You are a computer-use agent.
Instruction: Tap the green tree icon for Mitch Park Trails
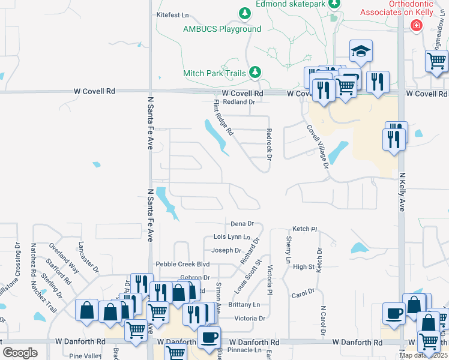tap(255, 72)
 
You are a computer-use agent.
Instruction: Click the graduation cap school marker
tap(361, 52)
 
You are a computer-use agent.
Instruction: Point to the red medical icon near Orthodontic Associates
tap(415, 25)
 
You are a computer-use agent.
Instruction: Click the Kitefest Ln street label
tap(172, 14)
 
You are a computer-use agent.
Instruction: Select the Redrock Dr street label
tap(270, 144)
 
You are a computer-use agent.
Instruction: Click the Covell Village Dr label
tap(318, 145)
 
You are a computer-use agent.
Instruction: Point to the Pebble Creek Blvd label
tap(182, 264)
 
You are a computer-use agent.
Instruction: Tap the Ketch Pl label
tap(304, 229)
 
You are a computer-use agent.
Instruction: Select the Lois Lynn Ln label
tap(231, 237)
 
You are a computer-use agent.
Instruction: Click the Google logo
tap(20, 352)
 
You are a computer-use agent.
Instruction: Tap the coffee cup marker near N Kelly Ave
tap(394, 313)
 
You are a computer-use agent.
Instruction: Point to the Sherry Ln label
tap(289, 250)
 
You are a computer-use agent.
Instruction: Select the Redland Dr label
tap(239, 102)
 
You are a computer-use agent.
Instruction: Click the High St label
tap(304, 266)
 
